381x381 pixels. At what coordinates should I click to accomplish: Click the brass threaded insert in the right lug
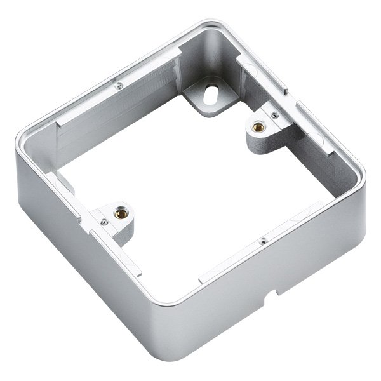(258, 126)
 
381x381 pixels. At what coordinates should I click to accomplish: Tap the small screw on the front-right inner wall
(262, 240)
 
